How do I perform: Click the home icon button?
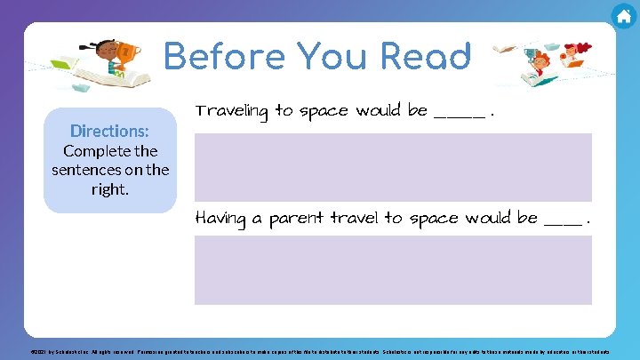624,16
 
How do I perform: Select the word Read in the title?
425,57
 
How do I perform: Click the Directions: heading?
110,131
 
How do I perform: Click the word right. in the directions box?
110,189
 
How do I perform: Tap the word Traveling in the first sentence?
232,111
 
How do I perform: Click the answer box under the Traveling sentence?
393,166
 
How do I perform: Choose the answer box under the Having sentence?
393,269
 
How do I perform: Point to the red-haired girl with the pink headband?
571,60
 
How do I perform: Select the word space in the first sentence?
324,112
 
